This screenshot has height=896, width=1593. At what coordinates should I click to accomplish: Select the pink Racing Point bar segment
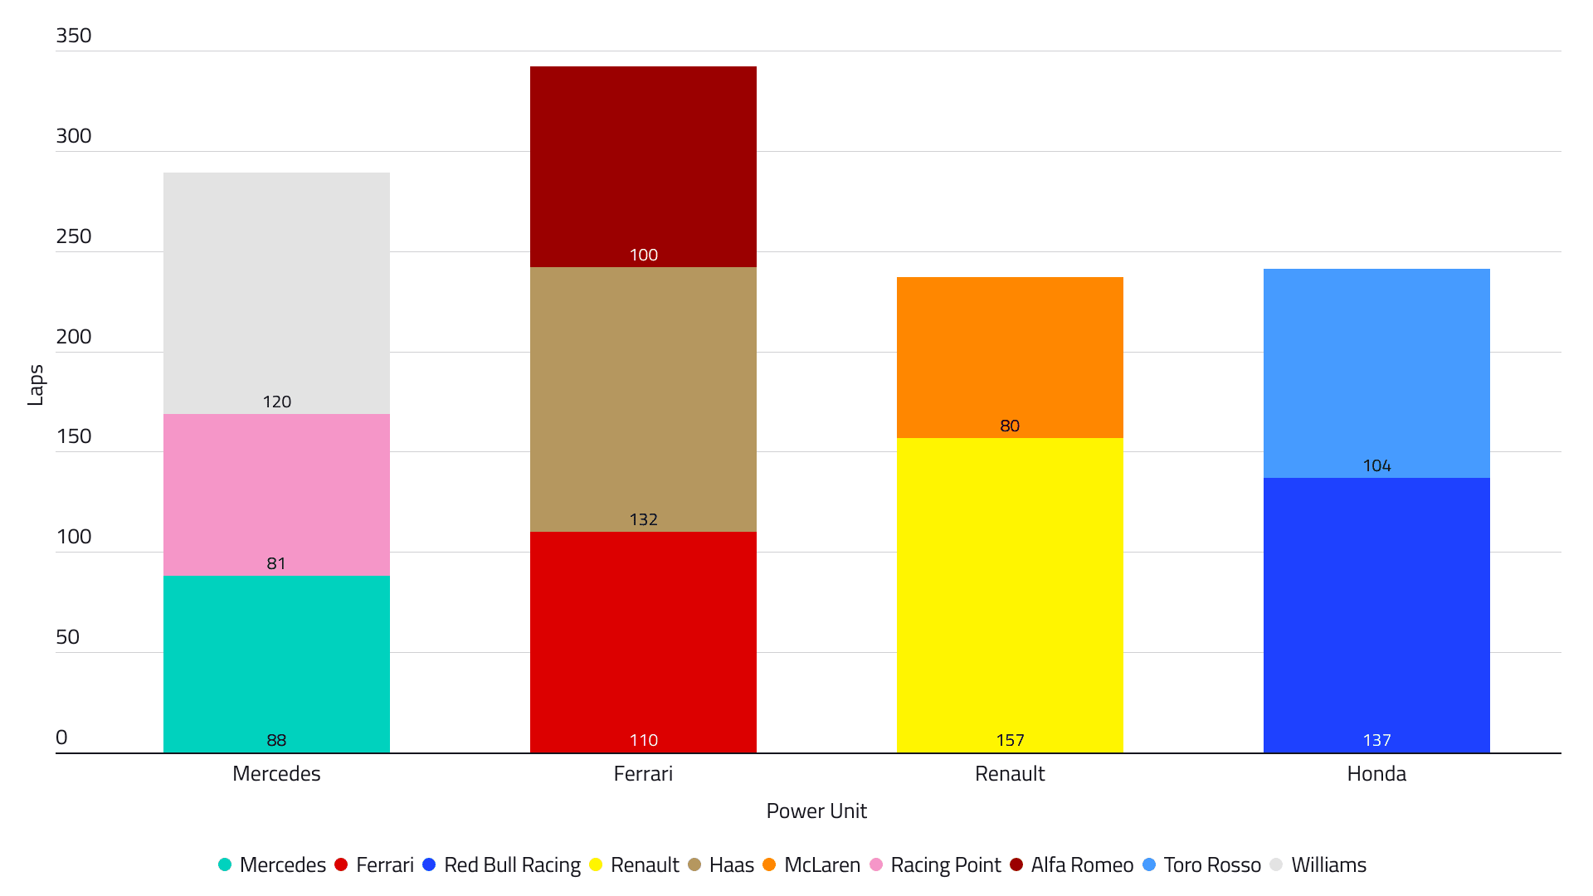[x=276, y=489]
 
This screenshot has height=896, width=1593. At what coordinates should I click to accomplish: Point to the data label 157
[x=1010, y=740]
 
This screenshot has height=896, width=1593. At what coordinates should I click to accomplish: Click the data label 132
[x=643, y=519]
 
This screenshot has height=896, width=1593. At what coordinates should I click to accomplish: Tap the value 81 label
[x=276, y=563]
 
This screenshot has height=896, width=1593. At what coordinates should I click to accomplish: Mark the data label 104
[x=1376, y=465]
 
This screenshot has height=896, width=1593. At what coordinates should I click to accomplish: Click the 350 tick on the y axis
[x=73, y=36]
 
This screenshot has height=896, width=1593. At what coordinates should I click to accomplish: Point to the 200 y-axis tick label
[x=73, y=336]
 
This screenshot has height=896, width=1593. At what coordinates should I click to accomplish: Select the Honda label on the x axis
[x=1376, y=774]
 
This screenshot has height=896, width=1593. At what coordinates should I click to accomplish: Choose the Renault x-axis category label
[x=1010, y=774]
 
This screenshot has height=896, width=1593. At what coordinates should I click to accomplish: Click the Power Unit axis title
[x=816, y=811]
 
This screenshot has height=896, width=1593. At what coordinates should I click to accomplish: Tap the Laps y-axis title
[x=36, y=385]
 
